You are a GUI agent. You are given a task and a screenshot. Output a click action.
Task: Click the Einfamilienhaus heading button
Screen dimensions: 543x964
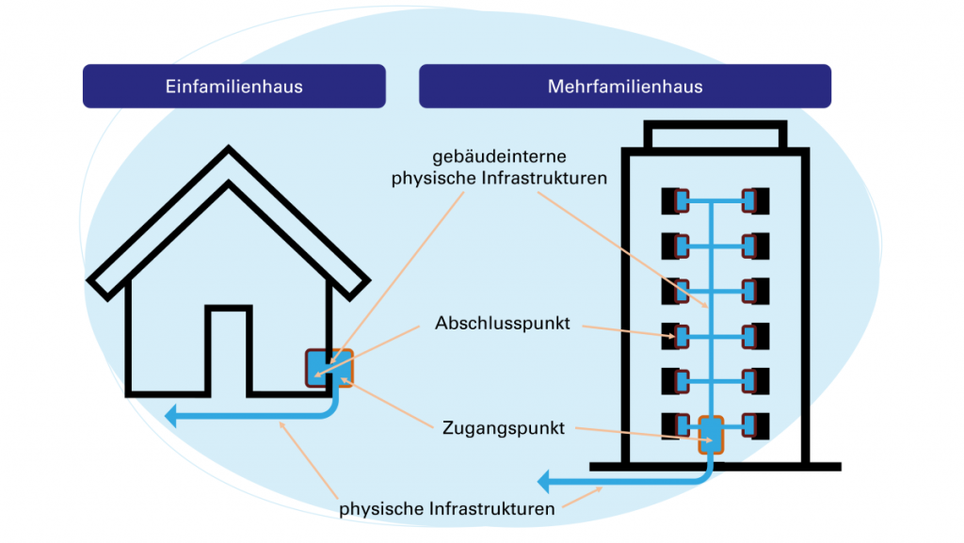233,87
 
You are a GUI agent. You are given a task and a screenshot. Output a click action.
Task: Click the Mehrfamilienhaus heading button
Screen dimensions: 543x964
624,87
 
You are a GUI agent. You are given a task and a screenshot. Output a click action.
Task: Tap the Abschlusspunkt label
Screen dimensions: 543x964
503,323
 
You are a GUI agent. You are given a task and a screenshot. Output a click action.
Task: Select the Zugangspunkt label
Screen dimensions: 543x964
504,428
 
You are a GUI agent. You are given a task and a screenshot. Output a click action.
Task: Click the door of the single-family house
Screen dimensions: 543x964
229,350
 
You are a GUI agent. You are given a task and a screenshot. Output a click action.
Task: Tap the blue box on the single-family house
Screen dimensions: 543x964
328,368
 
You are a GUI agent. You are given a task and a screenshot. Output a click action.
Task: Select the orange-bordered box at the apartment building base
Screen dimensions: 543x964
711,436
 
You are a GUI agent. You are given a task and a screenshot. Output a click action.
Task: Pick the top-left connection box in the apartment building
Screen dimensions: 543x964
675,200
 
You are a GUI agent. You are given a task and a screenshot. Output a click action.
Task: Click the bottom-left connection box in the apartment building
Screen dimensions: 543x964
675,424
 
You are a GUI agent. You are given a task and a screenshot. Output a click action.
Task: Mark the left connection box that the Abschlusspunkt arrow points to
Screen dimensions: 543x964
675,335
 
